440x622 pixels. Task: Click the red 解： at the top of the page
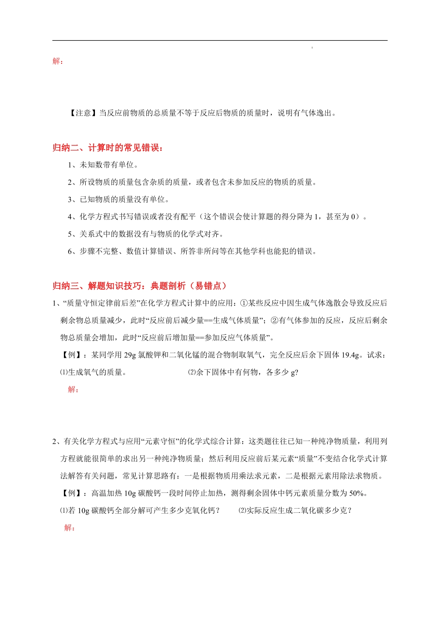click(x=58, y=61)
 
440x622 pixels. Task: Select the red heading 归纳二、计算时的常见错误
click(x=108, y=148)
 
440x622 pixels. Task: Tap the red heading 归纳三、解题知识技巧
click(x=139, y=286)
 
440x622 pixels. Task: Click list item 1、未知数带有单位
click(x=103, y=165)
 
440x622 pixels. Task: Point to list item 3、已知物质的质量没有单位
click(x=119, y=199)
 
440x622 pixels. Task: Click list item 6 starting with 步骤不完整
click(x=192, y=251)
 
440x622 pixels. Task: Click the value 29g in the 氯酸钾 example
click(x=130, y=355)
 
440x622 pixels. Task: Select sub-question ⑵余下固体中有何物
click(x=243, y=372)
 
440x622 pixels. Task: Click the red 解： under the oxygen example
click(x=73, y=389)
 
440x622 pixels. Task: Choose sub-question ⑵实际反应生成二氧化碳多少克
click(x=295, y=510)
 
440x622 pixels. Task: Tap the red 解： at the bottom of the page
click(x=69, y=528)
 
